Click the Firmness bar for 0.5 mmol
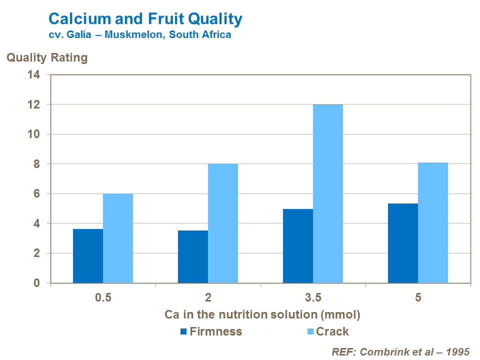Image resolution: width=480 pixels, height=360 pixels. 88,256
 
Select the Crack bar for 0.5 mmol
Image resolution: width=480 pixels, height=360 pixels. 118,238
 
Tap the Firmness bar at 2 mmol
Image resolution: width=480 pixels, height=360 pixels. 193,256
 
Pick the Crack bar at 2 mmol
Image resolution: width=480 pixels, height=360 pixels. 223,223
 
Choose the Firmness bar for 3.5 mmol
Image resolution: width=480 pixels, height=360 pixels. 298,246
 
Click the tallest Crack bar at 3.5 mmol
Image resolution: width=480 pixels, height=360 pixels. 328,194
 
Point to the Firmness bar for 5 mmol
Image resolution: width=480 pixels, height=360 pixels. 403,243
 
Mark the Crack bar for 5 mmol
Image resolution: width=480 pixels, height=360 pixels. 433,223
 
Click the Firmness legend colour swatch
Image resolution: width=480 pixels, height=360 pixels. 183,331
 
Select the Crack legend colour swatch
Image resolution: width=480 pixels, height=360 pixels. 309,331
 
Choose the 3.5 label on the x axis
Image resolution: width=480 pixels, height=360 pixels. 313,298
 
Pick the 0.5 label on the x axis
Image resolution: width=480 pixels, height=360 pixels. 103,298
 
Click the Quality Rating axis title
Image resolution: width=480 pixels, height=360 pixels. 47,58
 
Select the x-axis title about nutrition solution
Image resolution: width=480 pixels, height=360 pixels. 262,315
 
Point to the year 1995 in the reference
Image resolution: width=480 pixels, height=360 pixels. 458,351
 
